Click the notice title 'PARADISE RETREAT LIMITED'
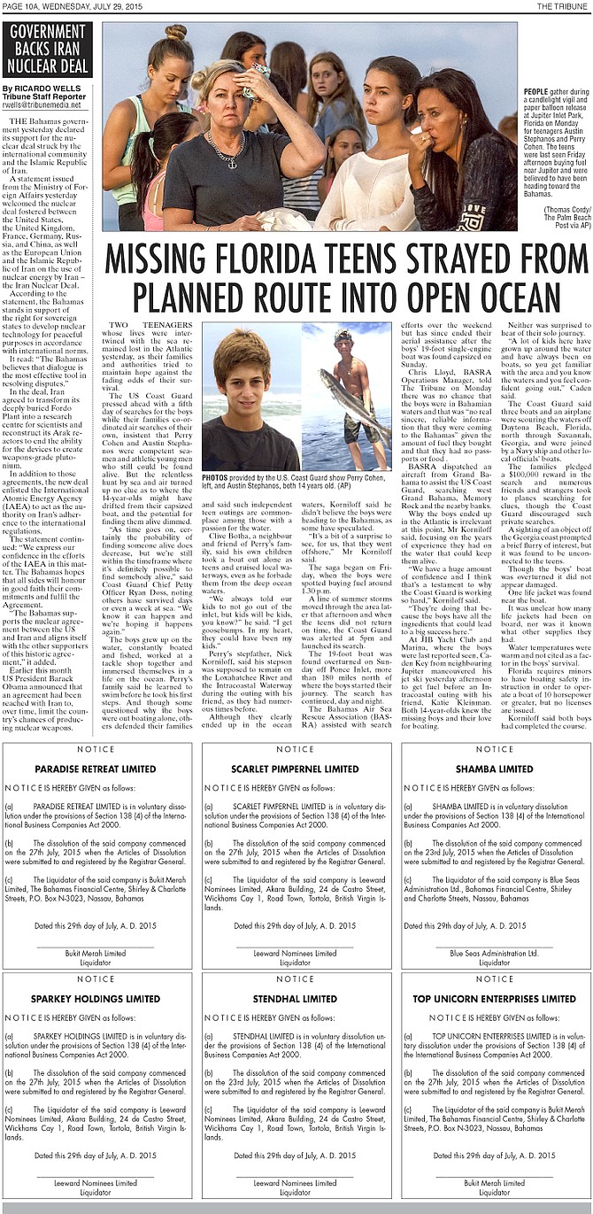pos(96,769)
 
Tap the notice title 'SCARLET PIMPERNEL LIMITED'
pos(295,769)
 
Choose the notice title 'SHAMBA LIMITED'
pos(494,769)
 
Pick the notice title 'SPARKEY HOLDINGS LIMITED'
pos(96,998)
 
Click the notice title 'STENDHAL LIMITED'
pos(295,998)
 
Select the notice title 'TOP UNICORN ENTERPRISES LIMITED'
pos(494,998)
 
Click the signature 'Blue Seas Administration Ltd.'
pos(494,953)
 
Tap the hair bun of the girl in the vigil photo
pos(175,32)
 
